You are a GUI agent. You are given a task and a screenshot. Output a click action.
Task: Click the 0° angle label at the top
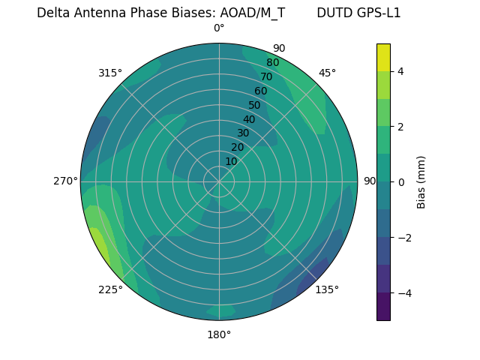219,28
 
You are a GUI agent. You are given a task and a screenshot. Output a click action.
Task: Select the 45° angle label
327,73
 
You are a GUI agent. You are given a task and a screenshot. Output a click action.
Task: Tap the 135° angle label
327,289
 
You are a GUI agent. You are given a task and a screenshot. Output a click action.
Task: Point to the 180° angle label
219,334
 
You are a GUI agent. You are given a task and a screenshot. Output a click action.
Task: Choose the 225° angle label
110,289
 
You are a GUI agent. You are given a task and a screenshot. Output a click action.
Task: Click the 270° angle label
66,181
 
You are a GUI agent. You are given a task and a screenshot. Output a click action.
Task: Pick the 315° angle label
110,73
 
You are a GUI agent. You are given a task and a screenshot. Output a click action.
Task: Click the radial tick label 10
231,161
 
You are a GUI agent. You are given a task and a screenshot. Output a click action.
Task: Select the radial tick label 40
249,119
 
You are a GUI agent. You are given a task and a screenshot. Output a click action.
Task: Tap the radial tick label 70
266,76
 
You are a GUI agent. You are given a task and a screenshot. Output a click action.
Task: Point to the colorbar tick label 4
401,71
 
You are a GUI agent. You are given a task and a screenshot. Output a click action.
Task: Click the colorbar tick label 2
401,127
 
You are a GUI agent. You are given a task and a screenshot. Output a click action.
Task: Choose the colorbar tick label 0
401,181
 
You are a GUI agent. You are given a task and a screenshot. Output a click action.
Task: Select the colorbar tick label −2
404,237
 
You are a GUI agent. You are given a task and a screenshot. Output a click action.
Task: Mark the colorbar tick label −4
404,292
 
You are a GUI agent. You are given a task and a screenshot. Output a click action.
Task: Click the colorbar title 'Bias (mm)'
421,181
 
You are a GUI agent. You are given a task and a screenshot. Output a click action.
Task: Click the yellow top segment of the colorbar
383,57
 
